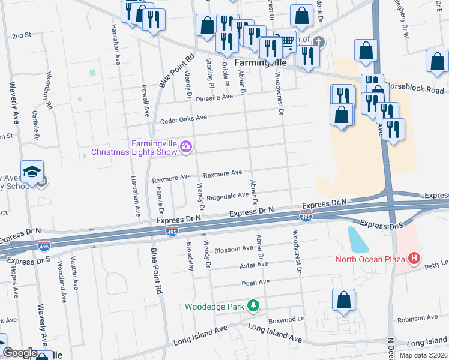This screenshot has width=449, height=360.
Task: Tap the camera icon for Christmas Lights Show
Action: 186,146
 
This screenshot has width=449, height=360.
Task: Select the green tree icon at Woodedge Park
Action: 253,306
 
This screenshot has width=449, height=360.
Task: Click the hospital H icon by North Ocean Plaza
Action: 413,259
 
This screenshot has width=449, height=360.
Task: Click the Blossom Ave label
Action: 234,249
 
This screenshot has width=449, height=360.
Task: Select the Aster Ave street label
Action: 253,265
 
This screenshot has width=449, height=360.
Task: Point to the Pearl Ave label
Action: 256,282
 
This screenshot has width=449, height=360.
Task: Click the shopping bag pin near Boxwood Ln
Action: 343,301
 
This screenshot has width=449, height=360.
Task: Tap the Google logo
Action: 20,353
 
